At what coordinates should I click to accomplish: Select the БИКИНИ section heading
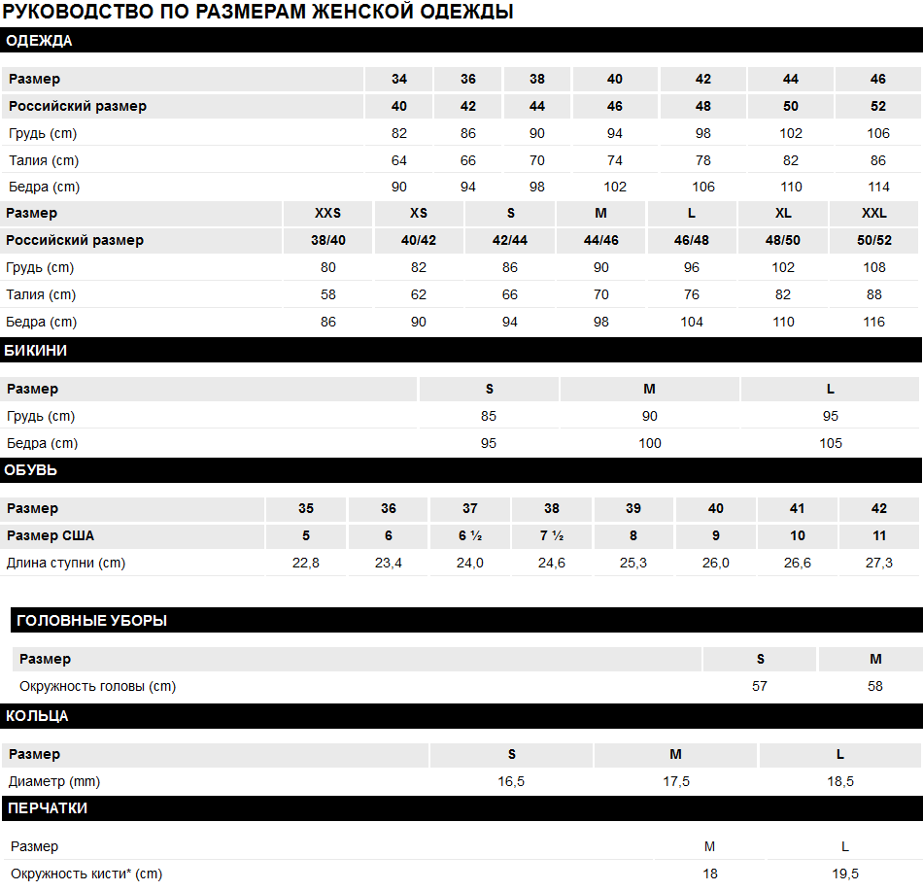[x=36, y=351]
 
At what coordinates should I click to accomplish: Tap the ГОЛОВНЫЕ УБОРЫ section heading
[x=91, y=620]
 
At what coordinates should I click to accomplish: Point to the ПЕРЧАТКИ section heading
[x=48, y=807]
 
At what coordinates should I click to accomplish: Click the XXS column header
[x=328, y=213]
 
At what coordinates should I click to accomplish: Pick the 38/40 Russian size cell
[x=328, y=240]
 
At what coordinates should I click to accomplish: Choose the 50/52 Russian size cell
[x=874, y=240]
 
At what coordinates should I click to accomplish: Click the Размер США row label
[x=51, y=535]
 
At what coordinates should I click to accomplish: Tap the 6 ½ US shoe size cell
[x=470, y=535]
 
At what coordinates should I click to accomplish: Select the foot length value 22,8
[x=306, y=563]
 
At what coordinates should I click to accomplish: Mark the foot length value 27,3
[x=878, y=563]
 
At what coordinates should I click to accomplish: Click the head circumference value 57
[x=760, y=686]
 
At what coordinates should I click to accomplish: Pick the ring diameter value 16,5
[x=511, y=781]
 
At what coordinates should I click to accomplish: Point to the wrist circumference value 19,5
[x=845, y=874]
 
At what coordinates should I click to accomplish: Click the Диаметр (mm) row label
[x=54, y=781]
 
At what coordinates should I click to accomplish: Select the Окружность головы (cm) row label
[x=97, y=686]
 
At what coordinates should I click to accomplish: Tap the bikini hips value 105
[x=830, y=443]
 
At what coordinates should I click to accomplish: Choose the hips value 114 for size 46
[x=878, y=187]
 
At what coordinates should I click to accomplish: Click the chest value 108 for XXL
[x=874, y=267]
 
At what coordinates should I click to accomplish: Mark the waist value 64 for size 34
[x=399, y=160]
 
